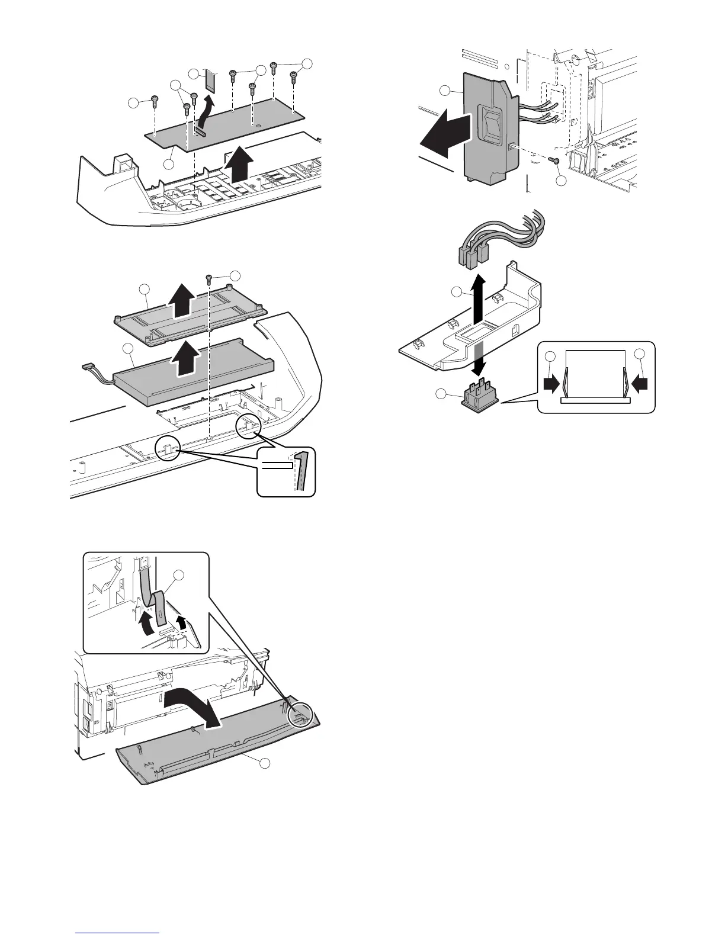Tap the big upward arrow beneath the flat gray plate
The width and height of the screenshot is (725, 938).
(x=239, y=168)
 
